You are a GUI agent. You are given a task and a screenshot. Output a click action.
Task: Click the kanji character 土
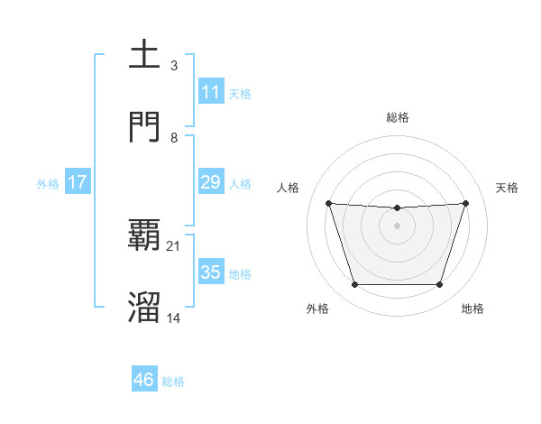[145, 54]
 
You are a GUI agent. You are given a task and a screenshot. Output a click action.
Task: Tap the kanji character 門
[145, 126]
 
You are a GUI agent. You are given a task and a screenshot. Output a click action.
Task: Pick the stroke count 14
[174, 318]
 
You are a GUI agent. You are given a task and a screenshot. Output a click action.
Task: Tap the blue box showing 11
[211, 92]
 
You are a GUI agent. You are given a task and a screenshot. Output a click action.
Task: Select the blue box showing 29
[211, 182]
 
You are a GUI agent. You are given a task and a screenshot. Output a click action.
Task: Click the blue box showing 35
[211, 272]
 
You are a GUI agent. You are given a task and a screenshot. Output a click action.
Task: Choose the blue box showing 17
[78, 182]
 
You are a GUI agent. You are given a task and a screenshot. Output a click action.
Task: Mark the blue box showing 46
[144, 380]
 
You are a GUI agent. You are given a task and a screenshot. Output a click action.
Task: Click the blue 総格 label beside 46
[173, 382]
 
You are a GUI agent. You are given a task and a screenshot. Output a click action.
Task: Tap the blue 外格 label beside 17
[48, 183]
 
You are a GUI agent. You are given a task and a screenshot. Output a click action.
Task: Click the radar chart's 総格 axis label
[398, 117]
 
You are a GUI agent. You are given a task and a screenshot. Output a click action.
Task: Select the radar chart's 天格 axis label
[507, 188]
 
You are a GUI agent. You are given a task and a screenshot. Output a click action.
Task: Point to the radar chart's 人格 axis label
[289, 188]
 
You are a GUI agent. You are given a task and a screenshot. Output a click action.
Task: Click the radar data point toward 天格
[465, 203]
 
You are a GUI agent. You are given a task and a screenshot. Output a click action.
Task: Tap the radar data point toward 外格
[354, 285]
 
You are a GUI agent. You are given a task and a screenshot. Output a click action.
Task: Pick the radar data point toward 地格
[439, 285]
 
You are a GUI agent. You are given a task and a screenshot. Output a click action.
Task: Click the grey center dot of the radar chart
[397, 226]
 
